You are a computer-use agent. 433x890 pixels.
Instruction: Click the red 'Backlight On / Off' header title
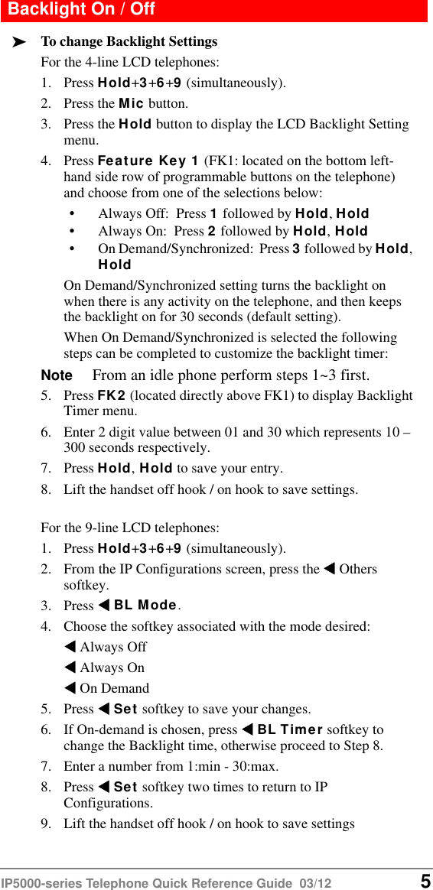point(81,10)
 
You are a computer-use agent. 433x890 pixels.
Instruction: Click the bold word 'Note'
point(56,375)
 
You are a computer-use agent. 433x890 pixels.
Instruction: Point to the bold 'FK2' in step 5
point(112,396)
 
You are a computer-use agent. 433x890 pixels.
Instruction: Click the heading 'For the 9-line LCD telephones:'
point(129,528)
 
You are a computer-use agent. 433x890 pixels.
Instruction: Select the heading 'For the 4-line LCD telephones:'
point(129,62)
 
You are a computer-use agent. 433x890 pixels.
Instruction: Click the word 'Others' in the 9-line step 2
point(358,569)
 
